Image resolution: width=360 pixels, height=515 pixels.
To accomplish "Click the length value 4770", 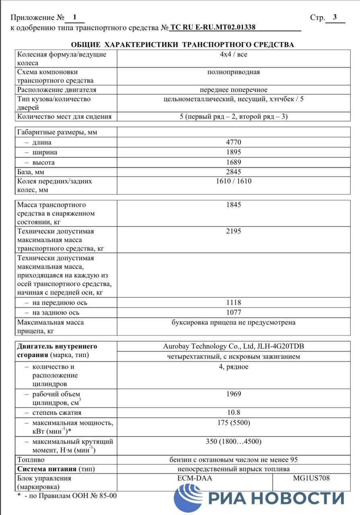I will coord(233,142).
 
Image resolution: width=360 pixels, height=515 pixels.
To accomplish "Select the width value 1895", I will coord(233,152).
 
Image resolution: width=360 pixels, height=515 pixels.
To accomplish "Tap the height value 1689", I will coord(233,163).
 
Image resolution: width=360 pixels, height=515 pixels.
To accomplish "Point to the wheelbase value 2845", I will coord(233,172).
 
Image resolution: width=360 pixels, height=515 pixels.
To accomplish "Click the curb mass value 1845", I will coord(233,205).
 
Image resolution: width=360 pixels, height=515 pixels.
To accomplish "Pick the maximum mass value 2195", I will coord(233,231).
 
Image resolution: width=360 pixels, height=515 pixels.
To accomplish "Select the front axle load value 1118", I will coord(233,303).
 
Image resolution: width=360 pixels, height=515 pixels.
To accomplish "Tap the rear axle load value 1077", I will coord(233,313).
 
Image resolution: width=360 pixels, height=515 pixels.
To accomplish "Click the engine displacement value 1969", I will coord(233,394).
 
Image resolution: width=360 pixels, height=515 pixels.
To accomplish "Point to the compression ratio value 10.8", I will coord(233,412).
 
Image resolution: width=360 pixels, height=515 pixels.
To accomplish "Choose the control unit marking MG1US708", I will coord(311,478).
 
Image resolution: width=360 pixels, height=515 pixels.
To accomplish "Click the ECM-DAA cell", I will coord(194,478).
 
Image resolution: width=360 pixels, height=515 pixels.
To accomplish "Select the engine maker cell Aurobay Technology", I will coord(231,346).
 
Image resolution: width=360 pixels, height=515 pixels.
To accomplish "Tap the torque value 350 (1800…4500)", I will coord(233,441).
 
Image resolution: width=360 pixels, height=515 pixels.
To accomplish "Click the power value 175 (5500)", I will coord(233,423).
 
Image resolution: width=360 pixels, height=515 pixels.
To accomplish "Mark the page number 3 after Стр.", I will coord(335,17).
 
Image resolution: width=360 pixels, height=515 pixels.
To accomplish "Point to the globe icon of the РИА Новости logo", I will coord(187,498).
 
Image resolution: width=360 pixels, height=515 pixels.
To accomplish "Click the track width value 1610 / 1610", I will coord(233,181).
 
